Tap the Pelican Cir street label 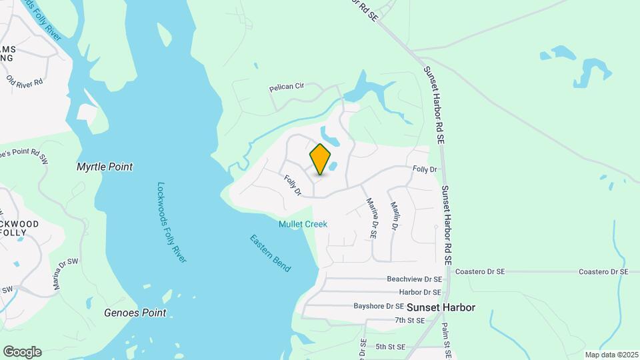point(286,86)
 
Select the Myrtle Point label point(104,167)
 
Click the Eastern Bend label point(271,252)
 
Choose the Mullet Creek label point(303,225)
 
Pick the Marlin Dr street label point(394,216)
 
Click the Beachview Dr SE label point(414,279)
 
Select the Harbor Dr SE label point(420,292)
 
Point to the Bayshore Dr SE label point(379,306)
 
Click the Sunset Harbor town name point(441,307)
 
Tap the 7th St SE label point(409,321)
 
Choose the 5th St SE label point(391,347)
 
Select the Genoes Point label point(135,312)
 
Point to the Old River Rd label point(25,81)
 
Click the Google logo point(22,352)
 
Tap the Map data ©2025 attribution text point(612,355)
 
